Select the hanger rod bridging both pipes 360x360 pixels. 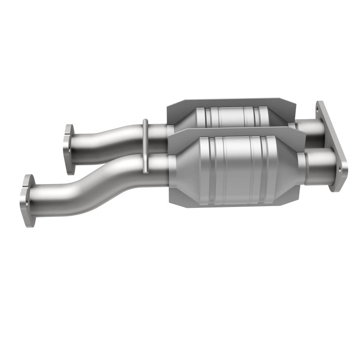145,146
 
